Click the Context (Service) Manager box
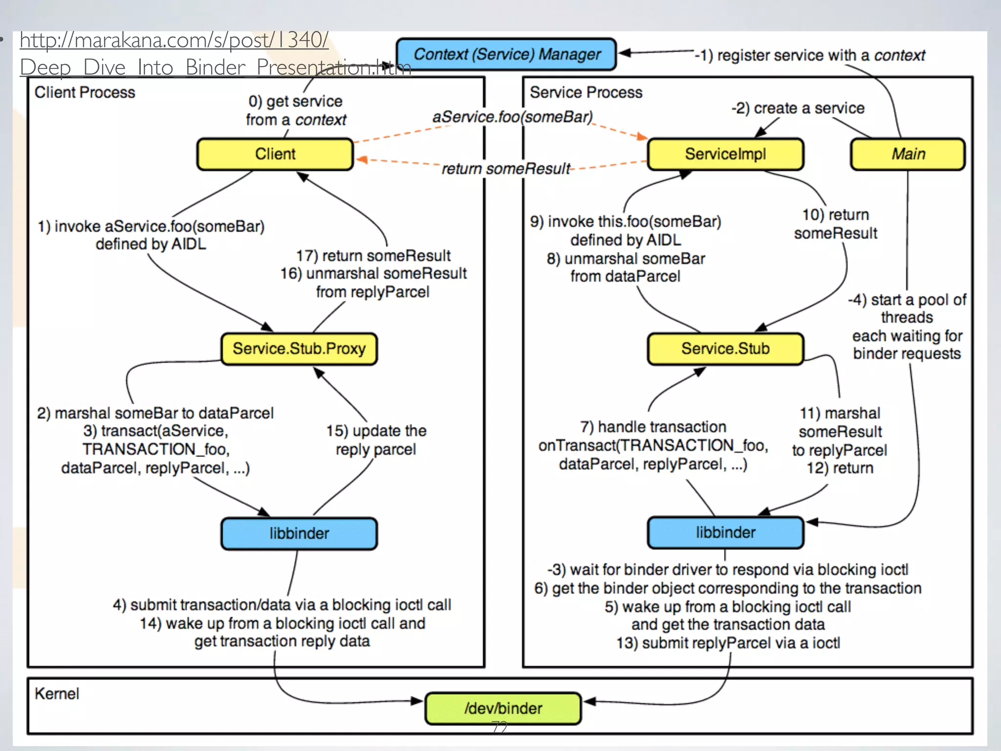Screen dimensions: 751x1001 pyautogui.click(x=506, y=54)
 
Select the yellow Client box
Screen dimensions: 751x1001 pyautogui.click(x=275, y=154)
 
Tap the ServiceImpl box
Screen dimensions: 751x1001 pyautogui.click(x=725, y=154)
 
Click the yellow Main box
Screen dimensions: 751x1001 pyautogui.click(x=908, y=154)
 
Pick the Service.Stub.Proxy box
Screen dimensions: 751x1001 pyautogui.click(x=299, y=349)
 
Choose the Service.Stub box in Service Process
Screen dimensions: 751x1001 pyautogui.click(x=725, y=349)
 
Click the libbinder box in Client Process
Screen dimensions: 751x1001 pyautogui.click(x=299, y=533)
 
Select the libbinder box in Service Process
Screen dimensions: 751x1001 pyautogui.click(x=725, y=532)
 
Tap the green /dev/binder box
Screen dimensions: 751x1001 pyautogui.click(x=503, y=708)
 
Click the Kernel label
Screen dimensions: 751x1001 pyautogui.click(x=57, y=693)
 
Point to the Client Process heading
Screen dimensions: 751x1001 pyautogui.click(x=85, y=92)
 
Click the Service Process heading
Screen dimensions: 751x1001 pyautogui.click(x=586, y=92)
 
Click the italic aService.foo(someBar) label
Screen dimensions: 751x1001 pyautogui.click(x=512, y=117)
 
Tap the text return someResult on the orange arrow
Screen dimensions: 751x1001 pyautogui.click(x=505, y=169)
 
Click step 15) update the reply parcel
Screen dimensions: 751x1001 pyautogui.click(x=376, y=440)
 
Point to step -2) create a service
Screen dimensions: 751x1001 pyautogui.click(x=798, y=108)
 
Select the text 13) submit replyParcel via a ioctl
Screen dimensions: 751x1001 pyautogui.click(x=728, y=643)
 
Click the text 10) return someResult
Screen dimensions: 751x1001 pyautogui.click(x=835, y=224)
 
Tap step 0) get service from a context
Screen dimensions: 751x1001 pyautogui.click(x=296, y=110)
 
